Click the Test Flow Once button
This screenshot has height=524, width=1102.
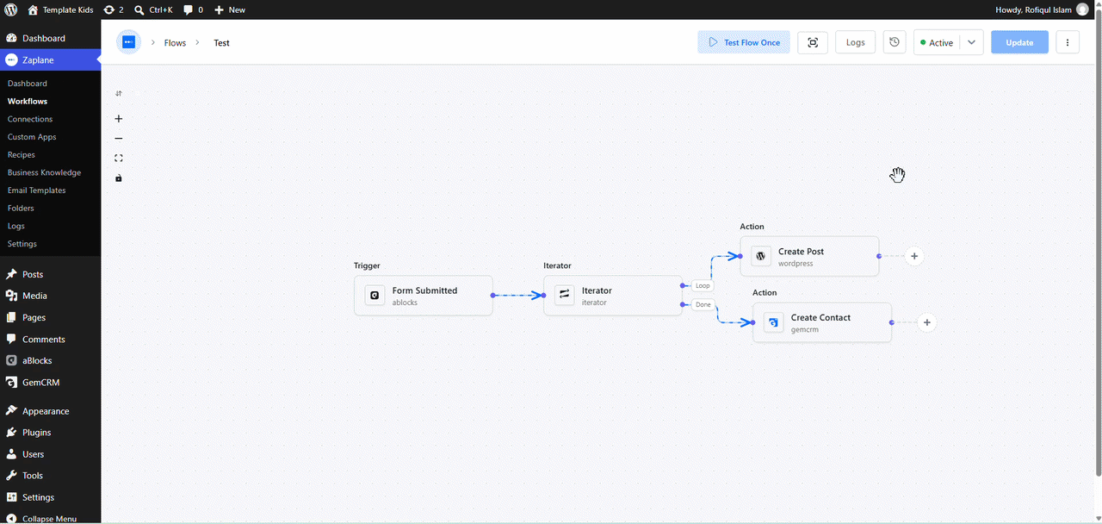[x=743, y=42]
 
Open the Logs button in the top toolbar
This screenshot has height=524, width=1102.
[x=855, y=42]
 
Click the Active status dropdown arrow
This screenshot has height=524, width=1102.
[x=971, y=42]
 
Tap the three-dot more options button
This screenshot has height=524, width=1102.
[x=1067, y=42]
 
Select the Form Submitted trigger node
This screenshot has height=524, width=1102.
[x=423, y=296]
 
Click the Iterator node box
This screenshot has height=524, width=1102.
[x=612, y=296]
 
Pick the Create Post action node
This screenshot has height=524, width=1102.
[x=809, y=256]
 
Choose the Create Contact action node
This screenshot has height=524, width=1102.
[x=821, y=322]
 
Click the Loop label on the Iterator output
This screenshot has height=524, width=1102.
[x=703, y=285]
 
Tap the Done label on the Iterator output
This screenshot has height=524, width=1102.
[x=703, y=304]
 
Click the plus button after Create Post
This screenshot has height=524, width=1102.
[x=914, y=256]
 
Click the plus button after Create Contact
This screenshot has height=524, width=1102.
[x=927, y=322]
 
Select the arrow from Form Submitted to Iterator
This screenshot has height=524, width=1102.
[x=517, y=296]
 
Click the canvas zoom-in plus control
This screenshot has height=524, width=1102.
[x=119, y=119]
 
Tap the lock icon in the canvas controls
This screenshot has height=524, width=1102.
[x=119, y=178]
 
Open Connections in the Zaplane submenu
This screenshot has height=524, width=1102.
[x=30, y=119]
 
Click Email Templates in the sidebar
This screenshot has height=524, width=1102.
[x=36, y=190]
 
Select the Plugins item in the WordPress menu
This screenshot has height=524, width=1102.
[x=36, y=433]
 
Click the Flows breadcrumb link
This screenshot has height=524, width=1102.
[x=175, y=43]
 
